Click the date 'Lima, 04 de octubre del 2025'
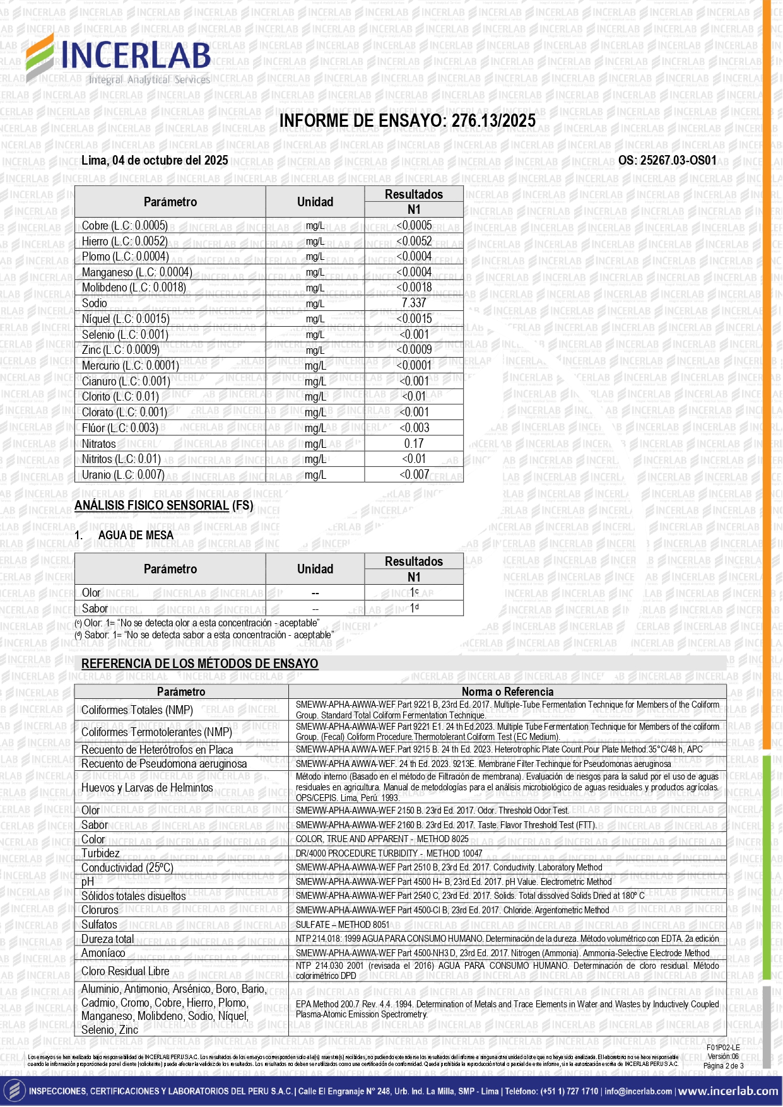click(x=155, y=160)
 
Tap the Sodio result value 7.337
click(x=414, y=303)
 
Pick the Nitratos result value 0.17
click(x=414, y=443)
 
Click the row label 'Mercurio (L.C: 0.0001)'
click(x=131, y=366)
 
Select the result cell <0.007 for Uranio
click(x=414, y=475)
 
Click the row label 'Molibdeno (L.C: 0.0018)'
click(x=134, y=288)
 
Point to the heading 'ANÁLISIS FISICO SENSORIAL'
click(x=151, y=505)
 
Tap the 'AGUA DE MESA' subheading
click(x=136, y=536)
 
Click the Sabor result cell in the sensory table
click(x=414, y=608)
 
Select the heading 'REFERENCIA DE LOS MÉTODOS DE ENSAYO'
click(x=200, y=664)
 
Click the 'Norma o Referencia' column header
click(x=507, y=692)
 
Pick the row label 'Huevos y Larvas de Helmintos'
click(x=147, y=788)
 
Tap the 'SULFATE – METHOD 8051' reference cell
click(x=343, y=925)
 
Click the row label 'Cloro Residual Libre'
click(x=126, y=971)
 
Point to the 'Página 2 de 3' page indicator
click(x=723, y=1066)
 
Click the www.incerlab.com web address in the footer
click(x=728, y=1091)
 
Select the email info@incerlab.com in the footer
click(x=638, y=1091)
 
